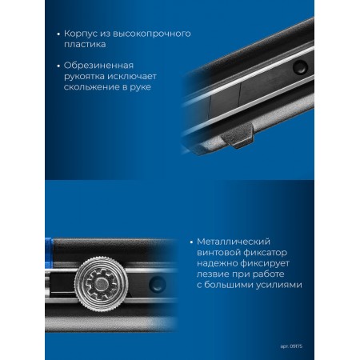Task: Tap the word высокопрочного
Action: pyautogui.click(x=152, y=34)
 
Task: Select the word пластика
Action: pyautogui.click(x=85, y=44)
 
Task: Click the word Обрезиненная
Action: pyautogui.click(x=98, y=66)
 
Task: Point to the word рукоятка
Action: pyautogui.click(x=84, y=77)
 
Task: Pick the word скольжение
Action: pyautogui.click(x=91, y=87)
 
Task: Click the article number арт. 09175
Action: pyautogui.click(x=291, y=346)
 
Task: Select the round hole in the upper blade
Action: pyautogui.click(x=299, y=66)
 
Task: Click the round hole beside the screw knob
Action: pyautogui.click(x=158, y=284)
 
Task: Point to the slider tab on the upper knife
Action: pyautogui.click(x=238, y=137)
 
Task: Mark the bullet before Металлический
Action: pyautogui.click(x=191, y=242)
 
